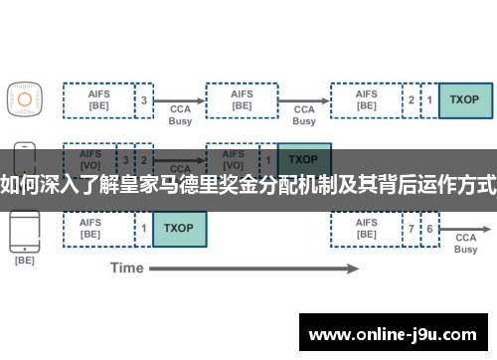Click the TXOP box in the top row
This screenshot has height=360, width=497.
[x=463, y=99]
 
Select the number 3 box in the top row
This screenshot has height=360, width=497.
[x=144, y=99]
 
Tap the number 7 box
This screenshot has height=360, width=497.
[x=412, y=229]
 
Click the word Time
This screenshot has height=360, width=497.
[x=127, y=268]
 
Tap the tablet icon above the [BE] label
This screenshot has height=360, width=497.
[x=24, y=232]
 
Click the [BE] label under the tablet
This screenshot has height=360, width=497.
[x=24, y=261]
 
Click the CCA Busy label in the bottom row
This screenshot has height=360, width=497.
[x=465, y=243]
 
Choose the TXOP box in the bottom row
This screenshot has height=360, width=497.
[x=179, y=229]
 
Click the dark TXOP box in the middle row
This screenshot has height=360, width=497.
[x=303, y=159]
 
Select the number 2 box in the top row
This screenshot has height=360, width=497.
[x=412, y=99]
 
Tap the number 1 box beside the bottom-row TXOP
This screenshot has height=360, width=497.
[x=144, y=229]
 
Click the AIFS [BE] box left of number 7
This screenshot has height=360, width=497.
[x=366, y=229]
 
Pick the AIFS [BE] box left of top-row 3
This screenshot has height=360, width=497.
[x=98, y=99]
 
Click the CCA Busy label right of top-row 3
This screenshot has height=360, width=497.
[x=180, y=114]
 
